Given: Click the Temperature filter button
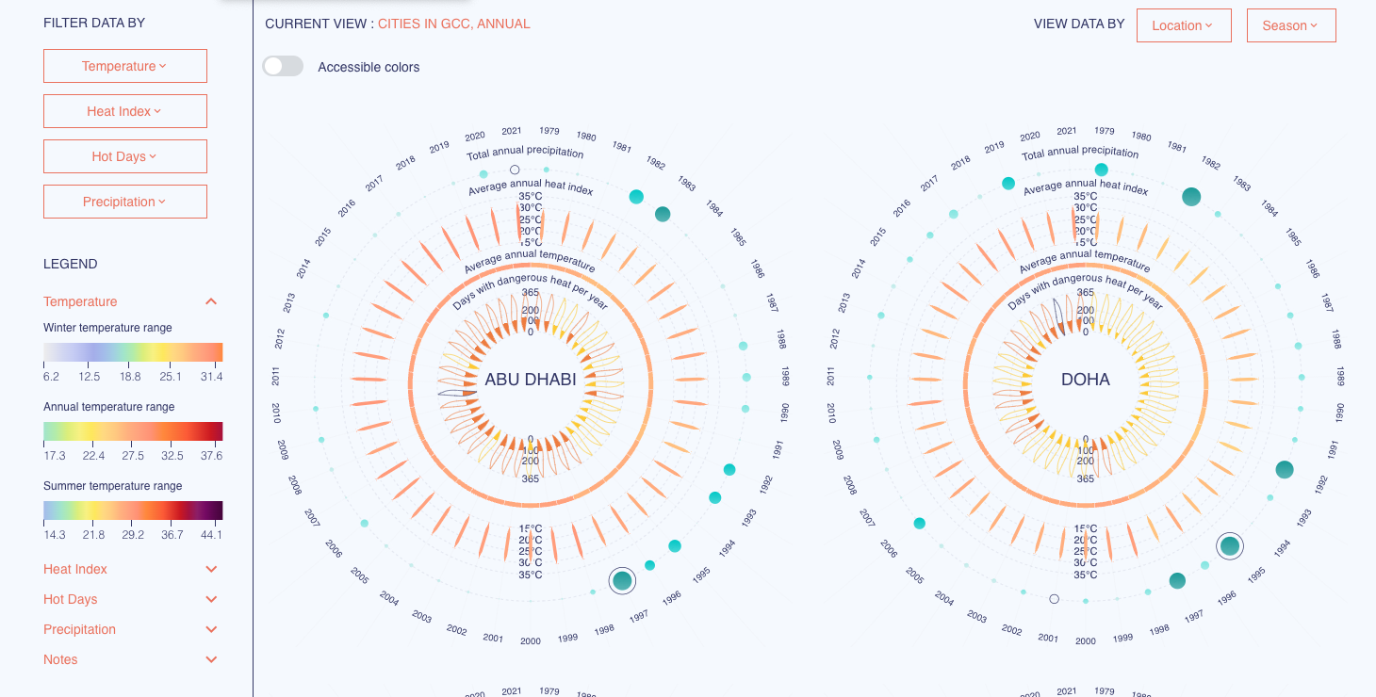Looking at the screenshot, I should [x=124, y=66].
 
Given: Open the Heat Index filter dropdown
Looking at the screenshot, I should [x=124, y=111].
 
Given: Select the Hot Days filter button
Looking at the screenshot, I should [x=124, y=156].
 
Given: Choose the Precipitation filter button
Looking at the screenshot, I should [x=124, y=202].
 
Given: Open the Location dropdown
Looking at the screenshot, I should [x=1184, y=25].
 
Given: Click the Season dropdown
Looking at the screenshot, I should [x=1291, y=25].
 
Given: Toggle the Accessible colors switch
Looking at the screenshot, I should [x=283, y=66].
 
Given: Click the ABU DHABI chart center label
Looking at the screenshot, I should [x=531, y=380].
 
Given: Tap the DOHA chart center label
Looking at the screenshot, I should [x=1086, y=380].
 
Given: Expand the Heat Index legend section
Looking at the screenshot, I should [x=211, y=569].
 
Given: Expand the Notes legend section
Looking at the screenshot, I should [x=211, y=659].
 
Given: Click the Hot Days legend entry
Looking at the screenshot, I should [x=71, y=599].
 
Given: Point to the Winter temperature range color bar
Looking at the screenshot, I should [x=133, y=352].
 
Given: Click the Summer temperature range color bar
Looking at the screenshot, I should [x=133, y=511].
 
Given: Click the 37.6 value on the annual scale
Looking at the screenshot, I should [x=211, y=456].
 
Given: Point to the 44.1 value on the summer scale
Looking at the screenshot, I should [x=211, y=535].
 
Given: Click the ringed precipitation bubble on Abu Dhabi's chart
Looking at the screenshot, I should [x=622, y=580].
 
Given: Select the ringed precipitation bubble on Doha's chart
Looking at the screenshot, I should [x=1229, y=545].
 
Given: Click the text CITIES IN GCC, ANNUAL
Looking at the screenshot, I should [x=454, y=24].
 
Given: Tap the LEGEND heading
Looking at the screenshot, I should [x=71, y=264].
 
